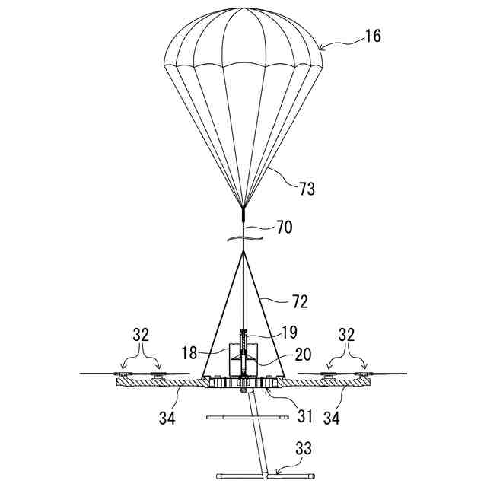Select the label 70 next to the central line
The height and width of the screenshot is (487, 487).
point(282,226)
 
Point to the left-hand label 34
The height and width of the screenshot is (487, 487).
point(167,417)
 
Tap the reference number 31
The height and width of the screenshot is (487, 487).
point(305,415)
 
